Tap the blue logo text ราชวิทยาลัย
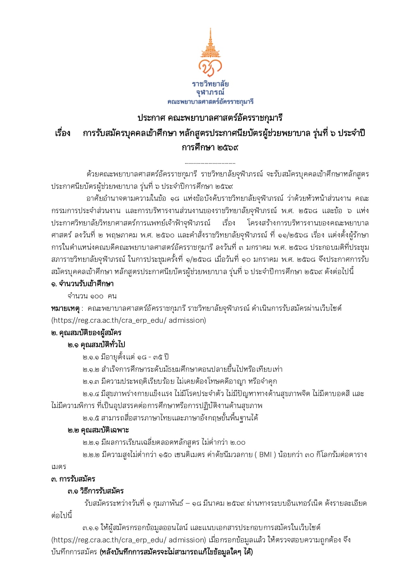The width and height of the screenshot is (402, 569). [x=210, y=84]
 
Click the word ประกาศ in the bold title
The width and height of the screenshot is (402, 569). [x=151, y=118]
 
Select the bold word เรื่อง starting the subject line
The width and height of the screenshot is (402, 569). [x=63, y=133]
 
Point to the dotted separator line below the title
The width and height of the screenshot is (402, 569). [x=210, y=163]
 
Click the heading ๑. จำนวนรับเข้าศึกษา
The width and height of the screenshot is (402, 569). [x=82, y=284]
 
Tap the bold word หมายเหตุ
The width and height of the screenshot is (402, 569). [x=65, y=308]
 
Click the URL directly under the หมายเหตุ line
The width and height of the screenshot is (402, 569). [x=128, y=321]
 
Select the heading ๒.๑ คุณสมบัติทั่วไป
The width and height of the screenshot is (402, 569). [x=96, y=345]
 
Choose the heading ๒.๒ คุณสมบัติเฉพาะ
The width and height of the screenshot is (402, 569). [x=98, y=430]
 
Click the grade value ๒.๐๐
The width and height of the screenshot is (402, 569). [x=238, y=442]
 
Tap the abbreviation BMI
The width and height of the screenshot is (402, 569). [x=266, y=454]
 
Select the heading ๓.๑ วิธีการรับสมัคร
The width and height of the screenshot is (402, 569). [x=96, y=491]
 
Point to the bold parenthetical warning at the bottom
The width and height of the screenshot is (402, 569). [x=176, y=552]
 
